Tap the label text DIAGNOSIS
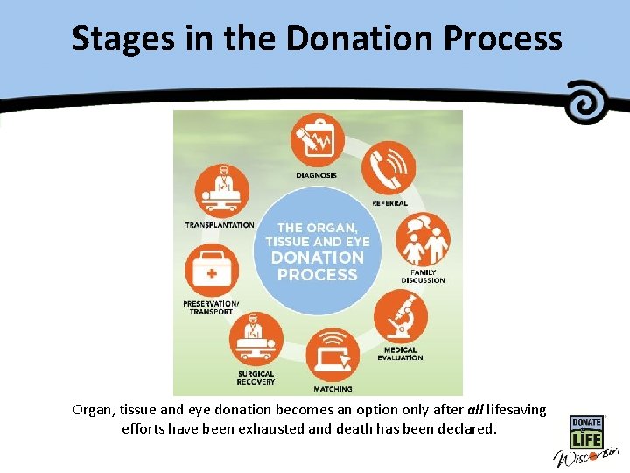(316, 175)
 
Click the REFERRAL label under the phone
(389, 203)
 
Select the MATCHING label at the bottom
(332, 388)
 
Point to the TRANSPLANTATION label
(220, 225)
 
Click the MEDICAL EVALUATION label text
(400, 354)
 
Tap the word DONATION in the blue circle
(317, 258)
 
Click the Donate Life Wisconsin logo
(585, 442)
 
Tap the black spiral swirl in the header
(588, 102)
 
